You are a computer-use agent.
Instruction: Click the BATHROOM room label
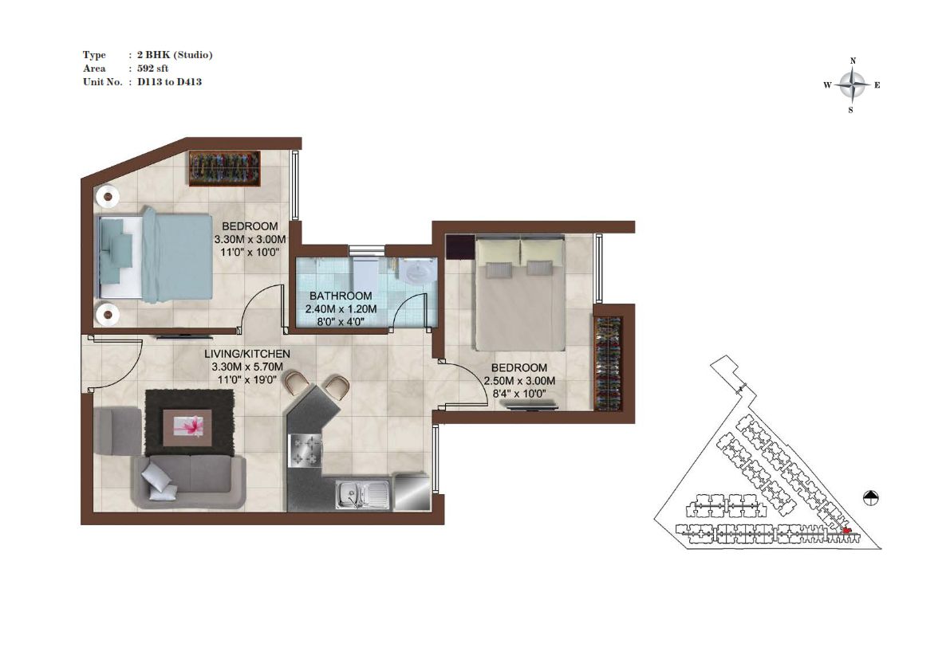(341, 296)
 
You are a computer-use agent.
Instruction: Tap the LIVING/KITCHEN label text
(247, 354)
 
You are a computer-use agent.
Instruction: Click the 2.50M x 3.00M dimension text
(519, 381)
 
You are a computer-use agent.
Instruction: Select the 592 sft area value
(152, 69)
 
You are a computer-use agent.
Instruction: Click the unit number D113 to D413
(170, 81)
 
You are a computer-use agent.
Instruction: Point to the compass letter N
(853, 61)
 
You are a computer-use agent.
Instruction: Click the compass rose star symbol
(853, 85)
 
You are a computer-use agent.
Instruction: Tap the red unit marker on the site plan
(846, 531)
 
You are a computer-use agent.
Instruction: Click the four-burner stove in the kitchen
(304, 451)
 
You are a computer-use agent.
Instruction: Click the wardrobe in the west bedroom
(225, 168)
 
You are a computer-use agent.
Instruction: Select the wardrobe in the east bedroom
(608, 363)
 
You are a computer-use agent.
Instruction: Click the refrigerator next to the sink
(412, 492)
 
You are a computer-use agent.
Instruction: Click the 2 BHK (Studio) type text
(175, 55)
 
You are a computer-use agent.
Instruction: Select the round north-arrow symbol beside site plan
(870, 497)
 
